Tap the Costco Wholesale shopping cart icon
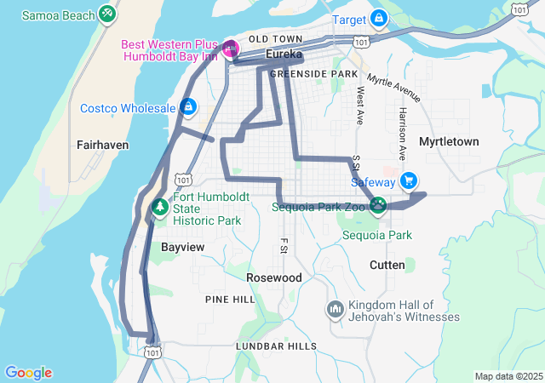click(188, 108)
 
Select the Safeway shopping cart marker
click(409, 180)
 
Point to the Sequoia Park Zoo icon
click(378, 205)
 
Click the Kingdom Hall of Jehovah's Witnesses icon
click(335, 307)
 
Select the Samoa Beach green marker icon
click(106, 14)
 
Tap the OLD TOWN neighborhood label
click(275, 39)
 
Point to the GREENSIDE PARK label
click(313, 74)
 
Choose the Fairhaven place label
click(102, 145)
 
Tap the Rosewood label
click(274, 278)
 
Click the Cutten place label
click(387, 265)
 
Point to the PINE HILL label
click(230, 300)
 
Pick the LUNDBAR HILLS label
click(277, 346)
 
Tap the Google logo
click(28, 373)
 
